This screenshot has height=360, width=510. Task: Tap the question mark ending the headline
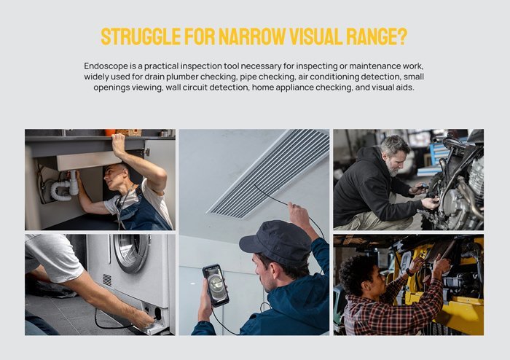point(402,36)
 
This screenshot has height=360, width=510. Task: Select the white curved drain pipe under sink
point(64,188)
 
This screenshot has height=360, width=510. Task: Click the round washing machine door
point(131,252)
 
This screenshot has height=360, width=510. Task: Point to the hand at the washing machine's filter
point(142,318)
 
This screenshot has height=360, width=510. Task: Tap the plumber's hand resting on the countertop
point(118,144)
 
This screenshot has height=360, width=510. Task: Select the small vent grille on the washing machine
point(107,280)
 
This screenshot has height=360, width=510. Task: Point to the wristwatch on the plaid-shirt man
point(409,273)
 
